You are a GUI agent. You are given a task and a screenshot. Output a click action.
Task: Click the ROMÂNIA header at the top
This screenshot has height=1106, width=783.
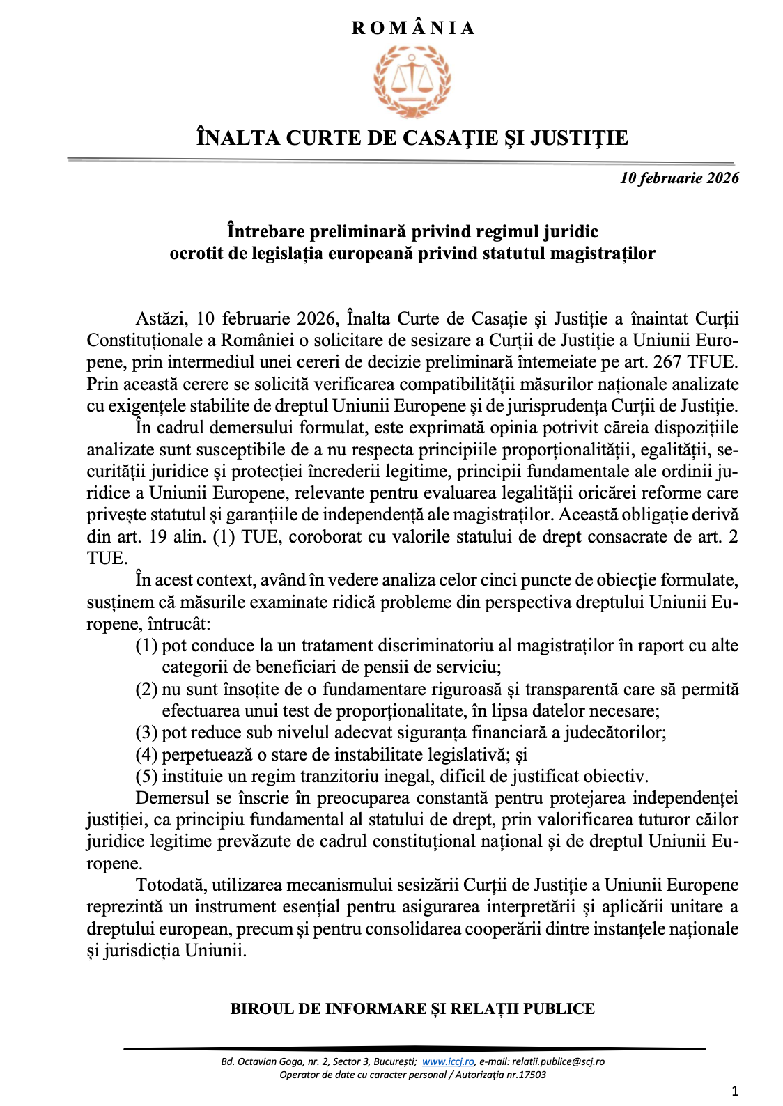coord(412,29)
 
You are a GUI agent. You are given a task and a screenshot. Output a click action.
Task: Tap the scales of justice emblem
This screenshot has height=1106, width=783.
coord(412,80)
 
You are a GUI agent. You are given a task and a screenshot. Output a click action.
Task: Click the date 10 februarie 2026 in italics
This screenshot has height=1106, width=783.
coord(679,178)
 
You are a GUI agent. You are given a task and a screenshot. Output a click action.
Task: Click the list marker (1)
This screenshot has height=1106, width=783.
coord(146,646)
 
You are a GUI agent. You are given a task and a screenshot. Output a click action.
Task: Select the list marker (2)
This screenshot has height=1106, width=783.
coord(146,690)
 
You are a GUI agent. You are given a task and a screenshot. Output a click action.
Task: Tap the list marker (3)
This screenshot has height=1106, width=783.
coord(146,733)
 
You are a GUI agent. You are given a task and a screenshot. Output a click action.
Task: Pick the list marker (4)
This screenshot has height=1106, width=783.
coord(146,755)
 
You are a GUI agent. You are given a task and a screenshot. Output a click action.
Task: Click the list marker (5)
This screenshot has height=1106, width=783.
coord(146,777)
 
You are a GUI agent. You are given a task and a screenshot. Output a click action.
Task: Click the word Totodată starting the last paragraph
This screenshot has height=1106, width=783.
coord(171,885)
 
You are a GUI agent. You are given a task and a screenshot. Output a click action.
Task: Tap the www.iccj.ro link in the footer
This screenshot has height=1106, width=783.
coord(448,1062)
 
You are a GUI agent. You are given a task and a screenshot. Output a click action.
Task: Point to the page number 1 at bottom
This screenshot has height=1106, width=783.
coord(735,1091)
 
